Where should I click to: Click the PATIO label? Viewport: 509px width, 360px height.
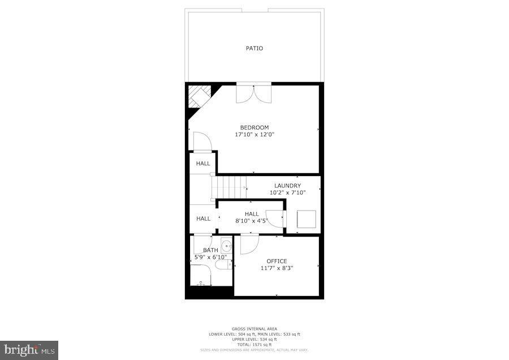254,48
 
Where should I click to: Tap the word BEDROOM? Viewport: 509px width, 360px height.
255,127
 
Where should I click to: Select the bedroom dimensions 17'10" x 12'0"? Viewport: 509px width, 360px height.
255,135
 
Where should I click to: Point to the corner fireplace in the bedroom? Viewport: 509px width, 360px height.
199,96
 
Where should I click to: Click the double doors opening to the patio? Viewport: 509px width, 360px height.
253,93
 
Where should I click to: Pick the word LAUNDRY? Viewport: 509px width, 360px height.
287,186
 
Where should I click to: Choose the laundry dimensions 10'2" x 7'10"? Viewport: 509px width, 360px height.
287,192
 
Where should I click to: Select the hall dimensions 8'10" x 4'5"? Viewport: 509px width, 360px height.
252,221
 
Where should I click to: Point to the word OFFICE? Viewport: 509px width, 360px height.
277,261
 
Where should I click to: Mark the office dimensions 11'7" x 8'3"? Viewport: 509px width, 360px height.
277,268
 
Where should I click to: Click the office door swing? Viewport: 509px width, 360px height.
248,245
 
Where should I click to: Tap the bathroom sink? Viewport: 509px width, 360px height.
226,246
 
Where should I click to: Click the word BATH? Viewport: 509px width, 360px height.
210,250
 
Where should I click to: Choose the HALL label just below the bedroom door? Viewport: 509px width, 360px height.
203,164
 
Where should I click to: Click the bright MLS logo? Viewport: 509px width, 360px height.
29,350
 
